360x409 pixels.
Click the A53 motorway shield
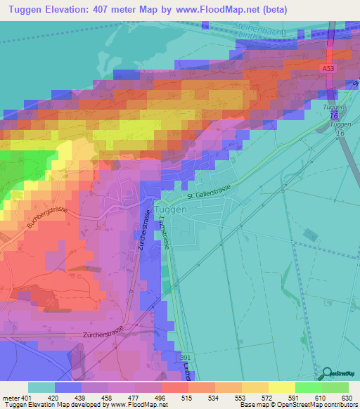[328, 68]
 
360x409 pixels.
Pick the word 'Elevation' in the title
[70, 11]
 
